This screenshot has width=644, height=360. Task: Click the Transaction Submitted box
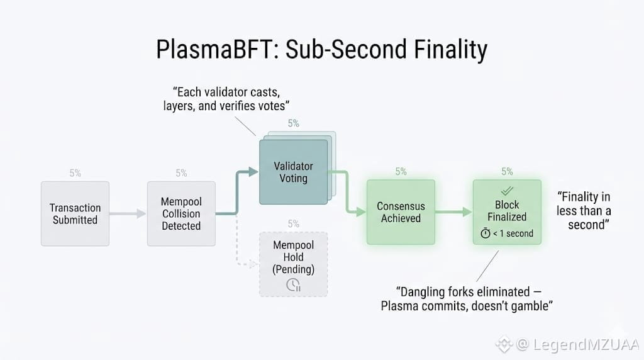(75, 213)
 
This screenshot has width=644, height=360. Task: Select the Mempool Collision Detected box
(181, 213)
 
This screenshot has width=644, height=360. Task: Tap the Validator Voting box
(293, 172)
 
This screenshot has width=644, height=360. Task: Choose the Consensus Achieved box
(401, 212)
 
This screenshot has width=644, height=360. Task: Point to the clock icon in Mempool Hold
(293, 284)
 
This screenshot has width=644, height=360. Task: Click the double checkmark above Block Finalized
(506, 190)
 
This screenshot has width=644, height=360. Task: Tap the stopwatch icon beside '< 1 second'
(485, 233)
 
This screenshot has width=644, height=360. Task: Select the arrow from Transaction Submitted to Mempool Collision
(128, 214)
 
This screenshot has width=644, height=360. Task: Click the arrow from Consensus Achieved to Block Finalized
(453, 213)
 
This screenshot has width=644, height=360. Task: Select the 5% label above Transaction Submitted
(75, 173)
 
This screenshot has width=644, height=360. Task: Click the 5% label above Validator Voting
(294, 123)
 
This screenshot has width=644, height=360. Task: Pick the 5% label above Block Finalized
(507, 171)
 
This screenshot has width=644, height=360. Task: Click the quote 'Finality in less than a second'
(584, 211)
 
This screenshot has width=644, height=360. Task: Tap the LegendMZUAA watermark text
(578, 344)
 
